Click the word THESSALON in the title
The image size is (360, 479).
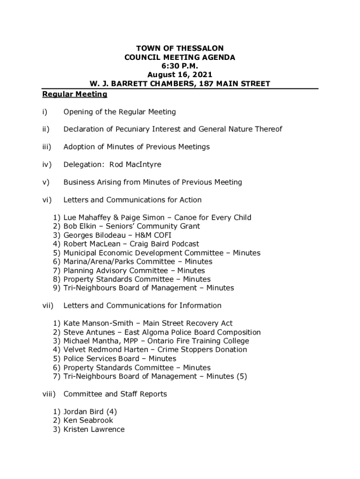click(x=201, y=49)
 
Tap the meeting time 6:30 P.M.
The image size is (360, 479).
click(x=180, y=66)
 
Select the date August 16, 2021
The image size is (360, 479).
click(x=180, y=75)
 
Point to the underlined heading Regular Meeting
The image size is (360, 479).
click(x=75, y=94)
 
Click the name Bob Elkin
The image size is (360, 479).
click(x=80, y=226)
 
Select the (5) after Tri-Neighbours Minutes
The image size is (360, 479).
click(x=241, y=377)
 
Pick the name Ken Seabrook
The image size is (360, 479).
click(x=88, y=421)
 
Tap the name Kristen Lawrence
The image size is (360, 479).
click(x=94, y=429)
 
